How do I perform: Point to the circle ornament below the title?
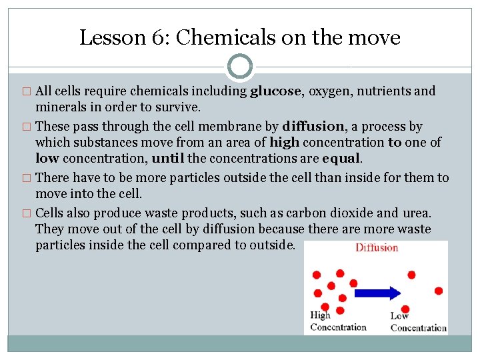pos(239,67)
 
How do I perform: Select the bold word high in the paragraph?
pos(284,143)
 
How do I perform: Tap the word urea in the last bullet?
pos(417,213)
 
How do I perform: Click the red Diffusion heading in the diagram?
pos(377,248)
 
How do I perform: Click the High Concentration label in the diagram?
pos(337,321)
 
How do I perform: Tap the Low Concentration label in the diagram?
pos(417,322)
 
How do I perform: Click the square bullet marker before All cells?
pos(27,92)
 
